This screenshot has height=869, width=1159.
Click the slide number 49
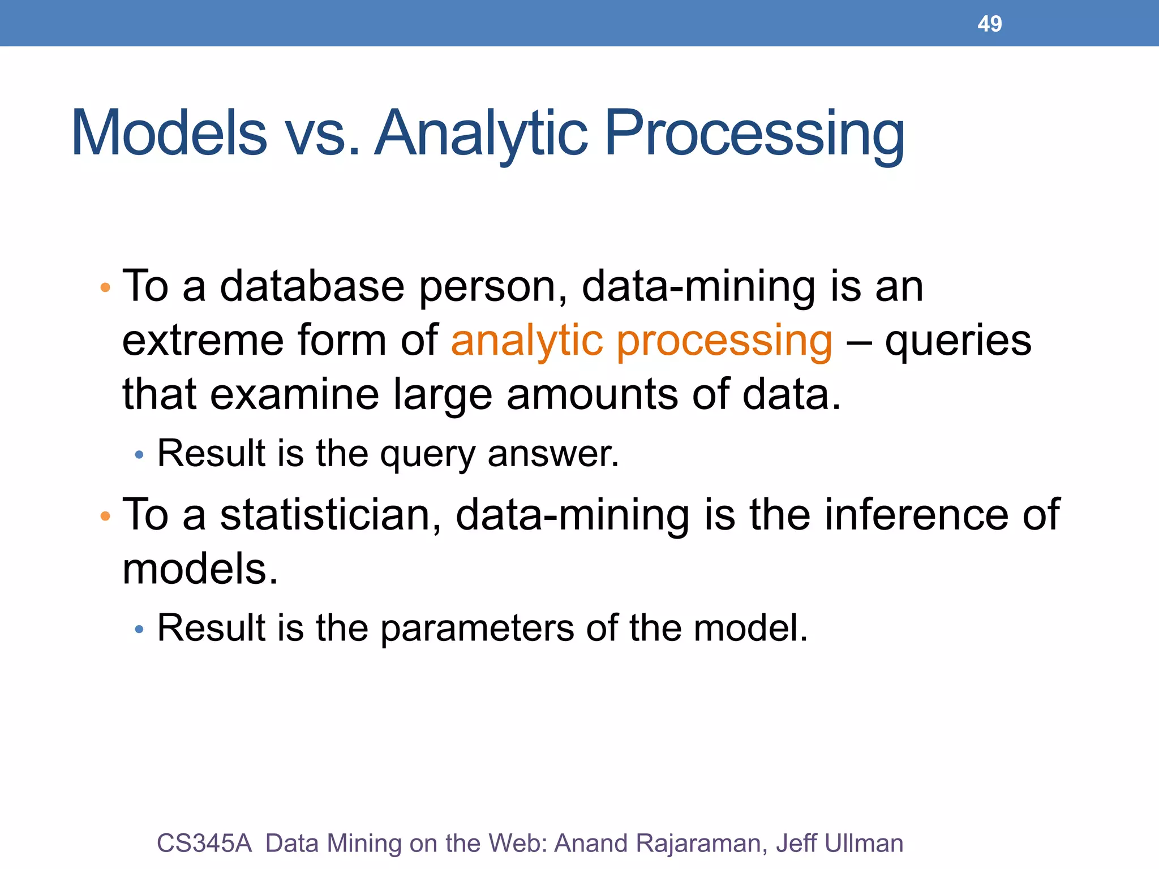[989, 24]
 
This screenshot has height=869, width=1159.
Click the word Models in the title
[169, 134]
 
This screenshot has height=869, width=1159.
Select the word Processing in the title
[754, 134]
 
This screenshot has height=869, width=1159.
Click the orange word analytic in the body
[527, 341]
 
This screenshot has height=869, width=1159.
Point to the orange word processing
[724, 341]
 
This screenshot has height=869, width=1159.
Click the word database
[312, 286]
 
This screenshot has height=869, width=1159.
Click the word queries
[958, 341]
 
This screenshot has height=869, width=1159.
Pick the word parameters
[477, 628]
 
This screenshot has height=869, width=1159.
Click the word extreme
[202, 341]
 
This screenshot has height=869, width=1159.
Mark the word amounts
[592, 395]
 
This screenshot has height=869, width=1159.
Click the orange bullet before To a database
[105, 288]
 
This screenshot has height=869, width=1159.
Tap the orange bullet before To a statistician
[105, 516]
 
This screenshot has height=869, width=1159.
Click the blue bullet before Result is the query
[139, 455]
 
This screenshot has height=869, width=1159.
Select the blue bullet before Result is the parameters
[139, 629]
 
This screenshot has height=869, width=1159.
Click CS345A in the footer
[204, 843]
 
